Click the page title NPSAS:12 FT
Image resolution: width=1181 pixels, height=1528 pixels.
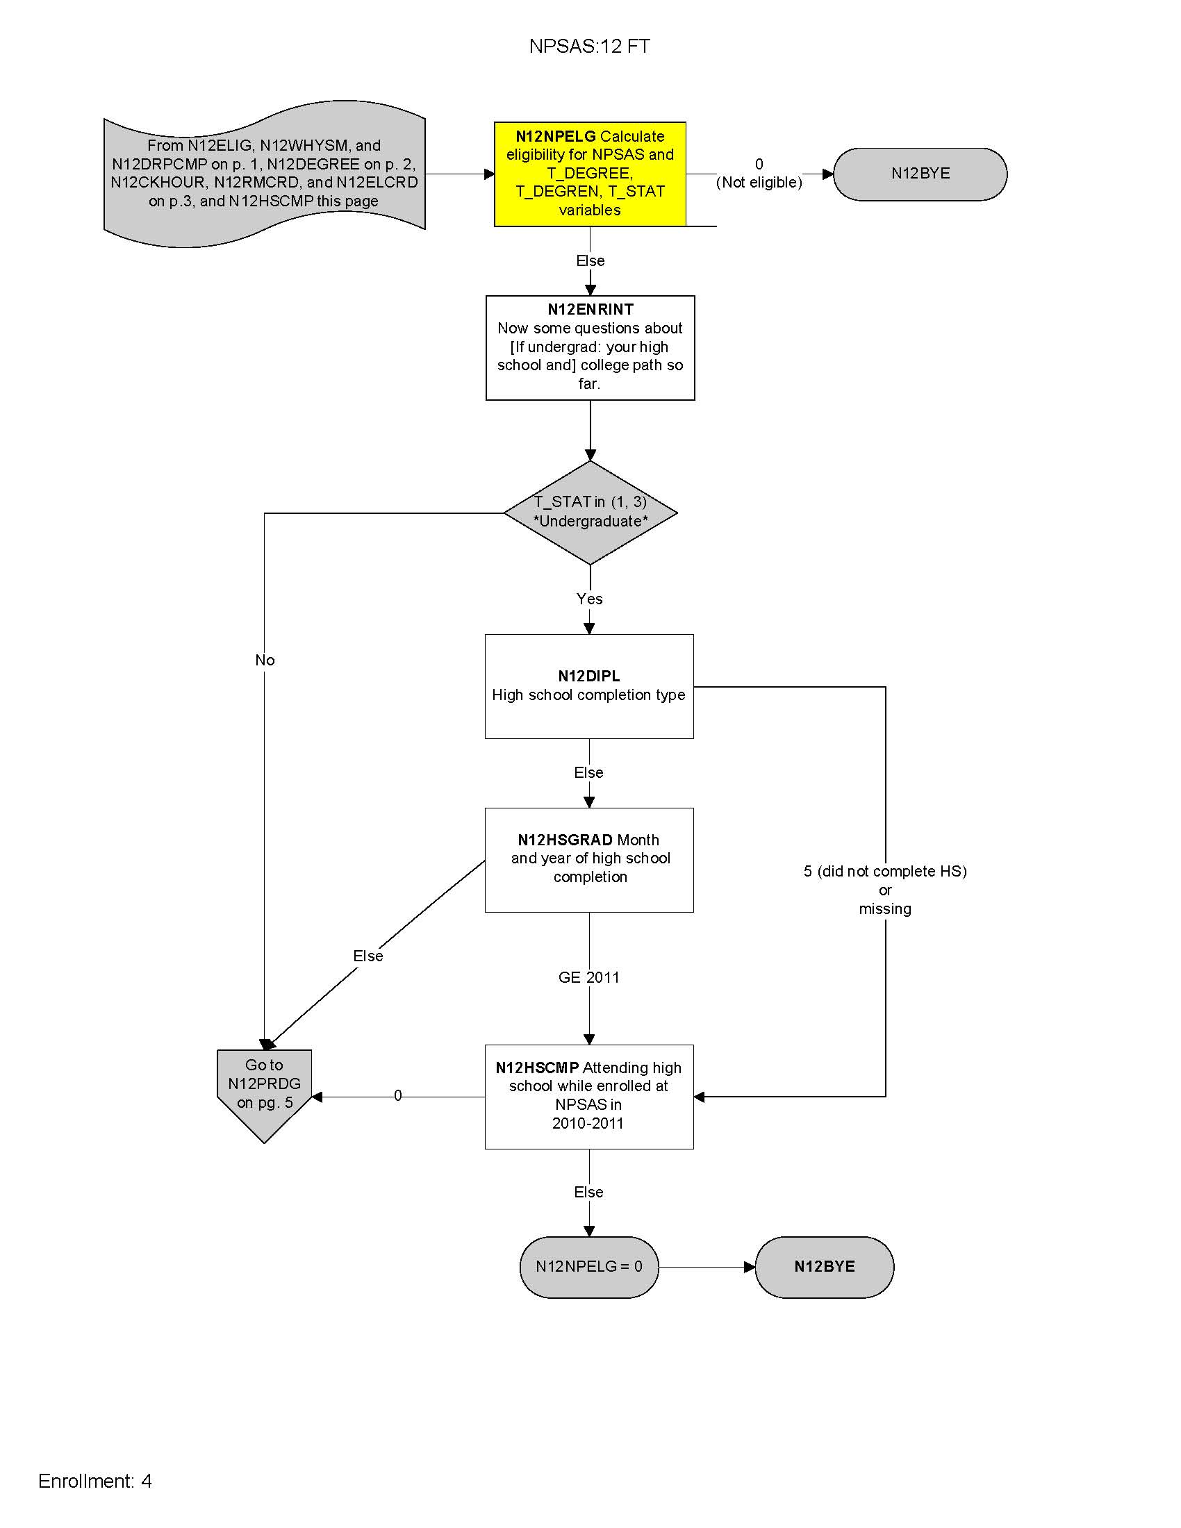coord(589,46)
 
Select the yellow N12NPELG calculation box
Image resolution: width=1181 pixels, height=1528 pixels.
coord(590,174)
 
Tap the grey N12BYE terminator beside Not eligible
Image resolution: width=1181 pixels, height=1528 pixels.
coord(920,174)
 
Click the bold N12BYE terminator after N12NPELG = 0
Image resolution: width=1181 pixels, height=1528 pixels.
coord(824,1266)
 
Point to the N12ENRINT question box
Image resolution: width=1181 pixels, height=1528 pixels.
coord(590,347)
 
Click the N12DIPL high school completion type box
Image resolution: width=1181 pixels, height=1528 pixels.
coord(589,686)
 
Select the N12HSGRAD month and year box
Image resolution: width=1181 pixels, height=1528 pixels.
coord(589,859)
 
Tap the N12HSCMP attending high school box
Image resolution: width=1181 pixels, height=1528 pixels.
coord(589,1095)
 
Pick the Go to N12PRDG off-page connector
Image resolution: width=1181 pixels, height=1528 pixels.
coord(264,1088)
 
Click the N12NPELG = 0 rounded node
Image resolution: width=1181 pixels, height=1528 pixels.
coord(589,1266)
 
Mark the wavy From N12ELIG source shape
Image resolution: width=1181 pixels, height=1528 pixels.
coord(264,174)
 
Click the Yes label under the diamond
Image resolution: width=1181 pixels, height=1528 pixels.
coord(589,599)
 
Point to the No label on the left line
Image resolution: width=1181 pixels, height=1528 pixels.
coord(265,660)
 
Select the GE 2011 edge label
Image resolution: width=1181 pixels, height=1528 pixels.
coord(589,977)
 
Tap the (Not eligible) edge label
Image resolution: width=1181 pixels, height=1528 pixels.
coord(759,183)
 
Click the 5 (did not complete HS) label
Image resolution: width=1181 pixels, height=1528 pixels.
coord(885,872)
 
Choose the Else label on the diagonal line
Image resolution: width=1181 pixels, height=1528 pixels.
coord(368,956)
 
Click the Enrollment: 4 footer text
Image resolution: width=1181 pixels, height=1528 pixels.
coord(95,1481)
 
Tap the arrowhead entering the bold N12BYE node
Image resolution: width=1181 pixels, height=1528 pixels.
coord(750,1267)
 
